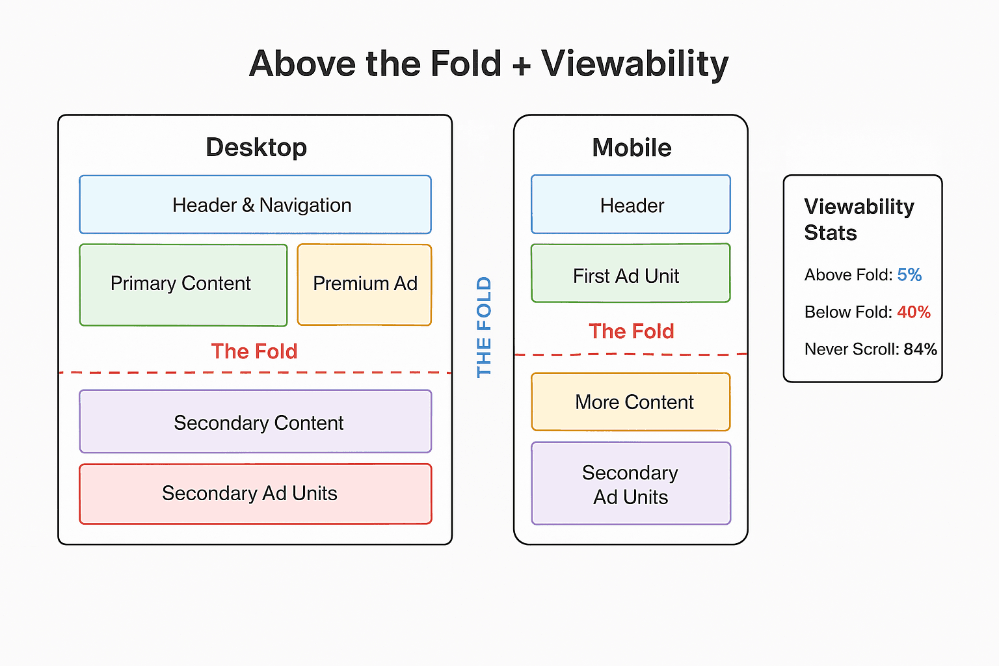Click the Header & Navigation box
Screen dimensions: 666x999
[x=255, y=205]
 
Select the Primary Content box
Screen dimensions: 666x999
[x=183, y=284]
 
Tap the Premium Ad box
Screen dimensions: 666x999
[x=364, y=284]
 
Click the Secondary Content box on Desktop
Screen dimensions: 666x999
[x=255, y=422]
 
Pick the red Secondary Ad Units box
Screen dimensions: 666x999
[x=255, y=493]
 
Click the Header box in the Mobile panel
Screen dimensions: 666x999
[x=631, y=205]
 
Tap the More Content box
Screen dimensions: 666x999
[x=631, y=402]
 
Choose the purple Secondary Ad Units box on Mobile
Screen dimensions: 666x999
[x=631, y=484]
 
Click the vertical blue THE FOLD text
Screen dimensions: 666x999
[x=484, y=327]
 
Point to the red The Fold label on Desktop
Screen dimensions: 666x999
[x=254, y=351]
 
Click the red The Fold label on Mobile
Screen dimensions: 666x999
[x=631, y=331]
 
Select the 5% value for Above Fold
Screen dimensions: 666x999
[x=909, y=275]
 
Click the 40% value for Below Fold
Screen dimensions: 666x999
[x=913, y=312]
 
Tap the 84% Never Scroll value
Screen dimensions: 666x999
[x=920, y=349]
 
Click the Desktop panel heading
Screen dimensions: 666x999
[x=256, y=148]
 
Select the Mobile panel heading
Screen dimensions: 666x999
[x=632, y=148]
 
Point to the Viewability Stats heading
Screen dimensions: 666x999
[x=859, y=219]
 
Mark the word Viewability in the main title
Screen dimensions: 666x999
[x=635, y=64]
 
